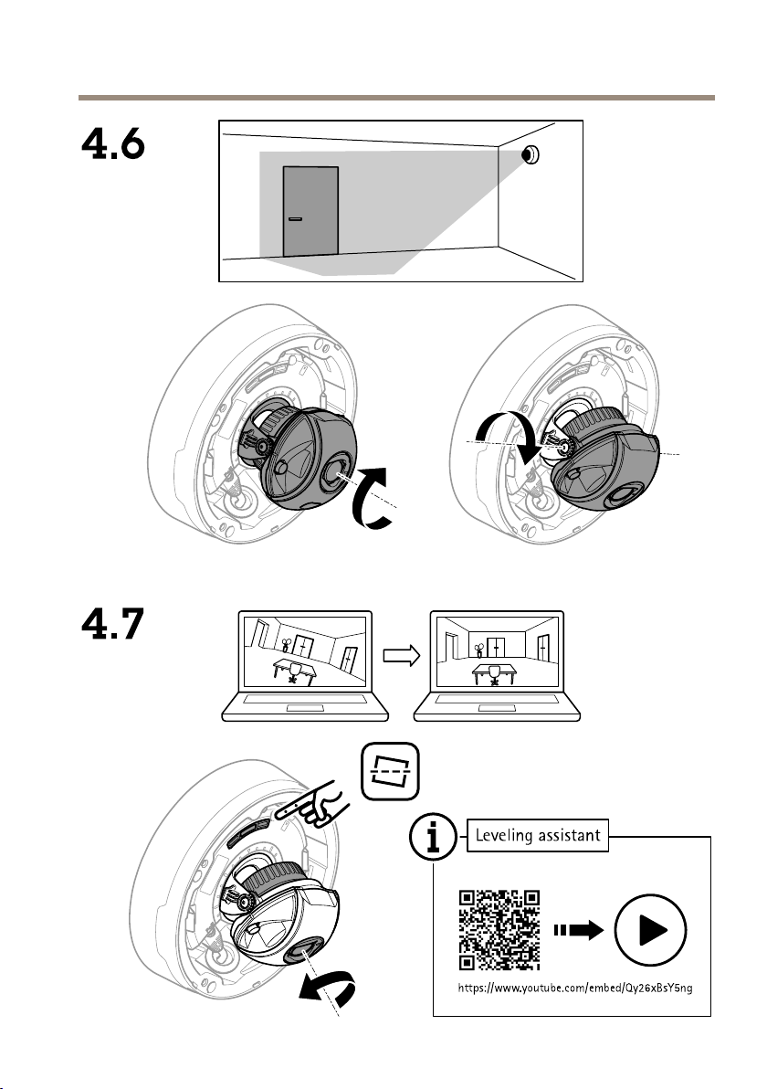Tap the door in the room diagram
310,211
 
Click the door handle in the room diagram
295,219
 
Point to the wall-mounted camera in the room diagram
530,155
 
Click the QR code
499,929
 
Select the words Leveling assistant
537,833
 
